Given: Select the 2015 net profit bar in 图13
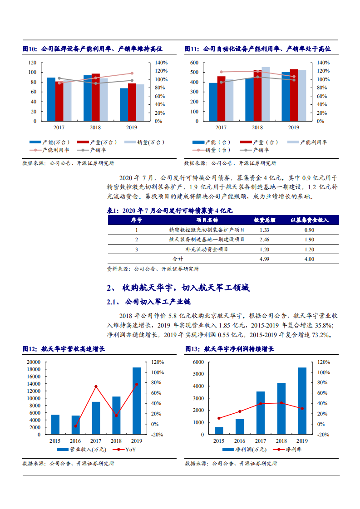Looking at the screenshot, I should pos(219,431).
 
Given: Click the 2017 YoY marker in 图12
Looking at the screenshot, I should pos(96,387).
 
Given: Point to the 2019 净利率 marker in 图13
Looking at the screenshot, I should pos(302,408).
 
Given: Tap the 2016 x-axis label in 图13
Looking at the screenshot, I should pos(240,441).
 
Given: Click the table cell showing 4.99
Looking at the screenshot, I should pos(264,259).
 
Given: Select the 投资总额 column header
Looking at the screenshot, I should pos(264,220).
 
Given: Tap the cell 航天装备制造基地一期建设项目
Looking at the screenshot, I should pos(206,240).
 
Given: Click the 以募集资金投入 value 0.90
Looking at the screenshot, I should pos(309,230).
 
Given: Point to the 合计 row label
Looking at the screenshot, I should pos(178,259).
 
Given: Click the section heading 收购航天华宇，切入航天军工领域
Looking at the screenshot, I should pos(186,288).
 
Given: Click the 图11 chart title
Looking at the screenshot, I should pos(257,49).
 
